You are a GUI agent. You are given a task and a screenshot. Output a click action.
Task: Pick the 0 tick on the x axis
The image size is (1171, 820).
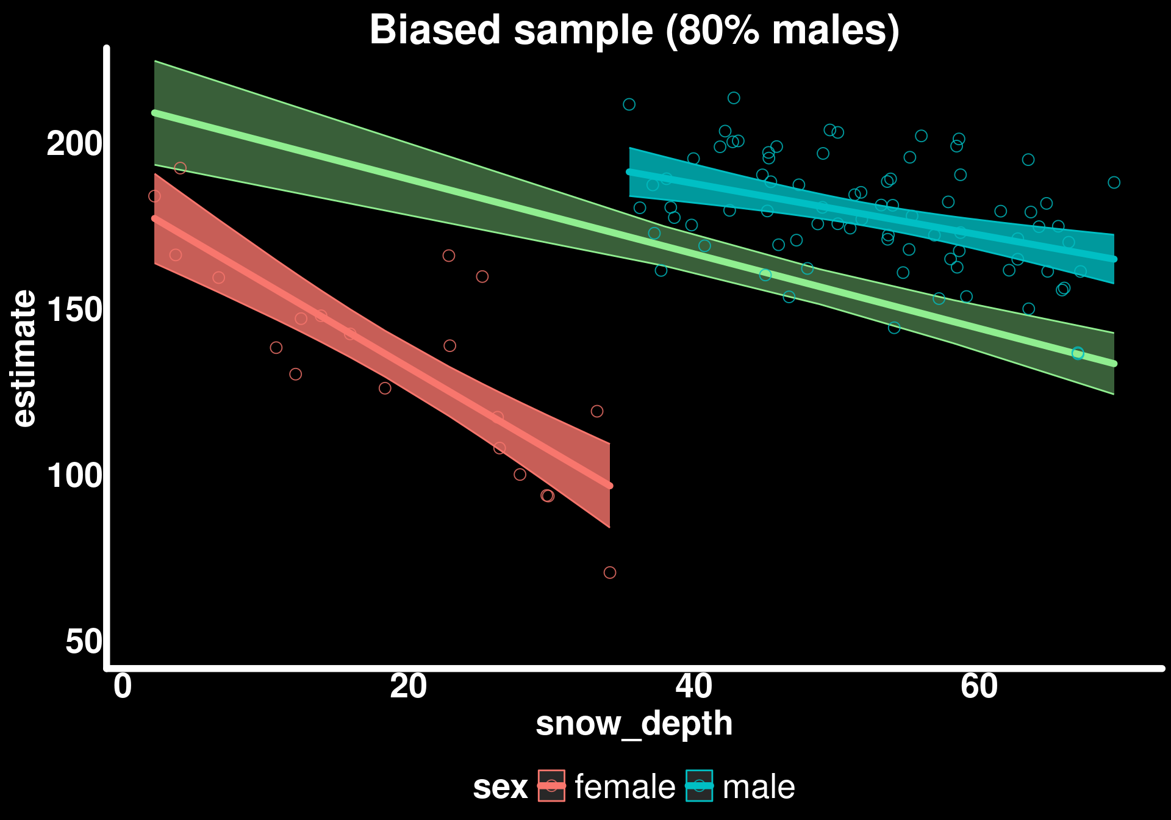coord(123,686)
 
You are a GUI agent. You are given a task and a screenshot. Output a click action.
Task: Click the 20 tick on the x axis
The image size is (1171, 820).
coord(408,686)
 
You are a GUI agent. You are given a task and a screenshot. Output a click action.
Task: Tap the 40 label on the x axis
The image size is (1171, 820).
coord(693,686)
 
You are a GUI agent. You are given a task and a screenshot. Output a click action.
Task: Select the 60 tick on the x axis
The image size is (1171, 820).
coord(979,686)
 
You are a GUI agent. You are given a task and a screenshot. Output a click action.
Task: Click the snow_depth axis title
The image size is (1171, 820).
coord(634,724)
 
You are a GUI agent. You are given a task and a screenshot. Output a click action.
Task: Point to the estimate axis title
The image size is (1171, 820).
coord(24,359)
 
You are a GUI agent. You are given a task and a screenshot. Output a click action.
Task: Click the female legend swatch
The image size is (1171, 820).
coord(551,786)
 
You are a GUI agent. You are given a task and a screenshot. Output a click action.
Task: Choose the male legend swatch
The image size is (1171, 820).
coord(699,786)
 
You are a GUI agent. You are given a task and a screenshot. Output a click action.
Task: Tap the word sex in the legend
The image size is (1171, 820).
coord(500,787)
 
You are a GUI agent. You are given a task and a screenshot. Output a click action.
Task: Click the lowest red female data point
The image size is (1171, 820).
coord(610,572)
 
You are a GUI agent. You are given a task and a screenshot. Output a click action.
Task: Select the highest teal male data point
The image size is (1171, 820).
coord(734,98)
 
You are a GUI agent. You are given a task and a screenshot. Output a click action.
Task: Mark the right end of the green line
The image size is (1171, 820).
coord(1114,364)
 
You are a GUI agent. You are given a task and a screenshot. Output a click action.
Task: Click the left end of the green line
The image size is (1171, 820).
coord(155,113)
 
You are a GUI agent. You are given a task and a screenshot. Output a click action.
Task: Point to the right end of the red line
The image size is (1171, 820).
coord(610,486)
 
